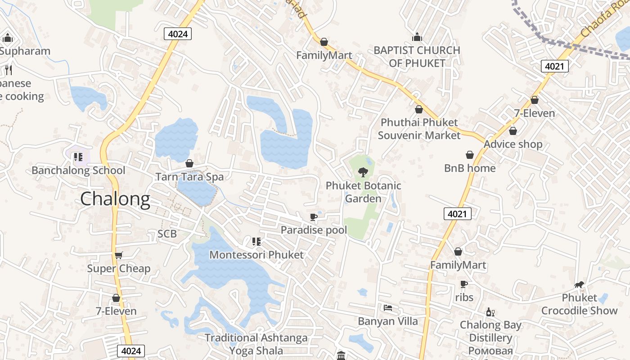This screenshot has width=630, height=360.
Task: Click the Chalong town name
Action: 115,199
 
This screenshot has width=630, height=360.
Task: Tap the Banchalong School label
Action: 78,171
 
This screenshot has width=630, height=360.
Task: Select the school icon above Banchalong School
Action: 78,157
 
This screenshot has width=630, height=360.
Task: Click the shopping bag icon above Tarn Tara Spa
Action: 189,163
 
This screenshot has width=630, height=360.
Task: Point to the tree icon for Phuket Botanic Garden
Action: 363,172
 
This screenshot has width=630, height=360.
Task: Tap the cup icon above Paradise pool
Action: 314,217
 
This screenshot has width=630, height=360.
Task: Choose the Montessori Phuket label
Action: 256,255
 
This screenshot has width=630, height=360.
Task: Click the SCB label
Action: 167,234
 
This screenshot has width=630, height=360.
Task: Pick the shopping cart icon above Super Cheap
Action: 119,256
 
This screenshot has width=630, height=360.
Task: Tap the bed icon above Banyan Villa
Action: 388,308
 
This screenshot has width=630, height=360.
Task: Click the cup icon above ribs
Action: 464,284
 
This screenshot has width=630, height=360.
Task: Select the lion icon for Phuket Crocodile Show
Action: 579,284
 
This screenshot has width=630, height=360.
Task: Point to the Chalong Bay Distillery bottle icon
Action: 490,312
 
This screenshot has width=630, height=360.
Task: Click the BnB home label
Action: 470,168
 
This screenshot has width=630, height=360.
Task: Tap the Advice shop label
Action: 513,144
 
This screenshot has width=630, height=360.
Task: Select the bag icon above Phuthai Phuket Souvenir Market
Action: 419,109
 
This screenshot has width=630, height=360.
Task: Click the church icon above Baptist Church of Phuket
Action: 417,37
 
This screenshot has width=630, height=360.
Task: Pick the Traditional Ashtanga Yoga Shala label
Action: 256,344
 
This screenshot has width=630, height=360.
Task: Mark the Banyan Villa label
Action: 388,321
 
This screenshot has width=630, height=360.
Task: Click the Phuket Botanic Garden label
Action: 363,192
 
